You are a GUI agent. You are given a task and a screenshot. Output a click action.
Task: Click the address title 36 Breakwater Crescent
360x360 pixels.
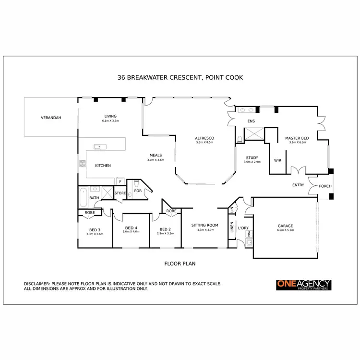[180, 77]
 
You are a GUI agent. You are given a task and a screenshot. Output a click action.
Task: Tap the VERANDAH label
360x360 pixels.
[50, 117]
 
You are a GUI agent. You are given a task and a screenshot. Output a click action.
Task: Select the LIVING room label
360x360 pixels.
[110, 116]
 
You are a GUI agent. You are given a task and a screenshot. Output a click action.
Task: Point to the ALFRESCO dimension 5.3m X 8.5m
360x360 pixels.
[205, 143]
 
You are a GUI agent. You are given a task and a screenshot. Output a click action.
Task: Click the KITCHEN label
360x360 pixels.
[103, 166]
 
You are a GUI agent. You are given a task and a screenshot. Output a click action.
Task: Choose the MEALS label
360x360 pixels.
[156, 155]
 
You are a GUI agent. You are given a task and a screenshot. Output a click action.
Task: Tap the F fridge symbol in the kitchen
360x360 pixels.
[120, 181]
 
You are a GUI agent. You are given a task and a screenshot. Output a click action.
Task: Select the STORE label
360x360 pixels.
[120, 193]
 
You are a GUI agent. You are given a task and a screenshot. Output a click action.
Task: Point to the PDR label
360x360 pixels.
[138, 191]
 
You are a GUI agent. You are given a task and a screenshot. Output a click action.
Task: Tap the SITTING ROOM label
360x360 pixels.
[205, 225]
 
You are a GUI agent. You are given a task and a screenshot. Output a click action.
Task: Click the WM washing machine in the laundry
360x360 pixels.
[249, 234]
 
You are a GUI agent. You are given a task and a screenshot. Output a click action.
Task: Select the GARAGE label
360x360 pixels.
[285, 226]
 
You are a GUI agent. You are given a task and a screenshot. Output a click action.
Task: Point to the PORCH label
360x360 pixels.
[325, 186]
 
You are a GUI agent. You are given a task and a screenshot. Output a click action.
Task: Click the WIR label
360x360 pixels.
[277, 160]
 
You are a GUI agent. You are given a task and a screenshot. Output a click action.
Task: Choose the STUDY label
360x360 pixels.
[252, 158]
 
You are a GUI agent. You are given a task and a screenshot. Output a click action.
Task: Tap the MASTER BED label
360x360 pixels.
[298, 138]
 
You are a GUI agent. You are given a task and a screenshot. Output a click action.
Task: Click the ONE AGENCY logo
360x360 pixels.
[303, 285]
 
